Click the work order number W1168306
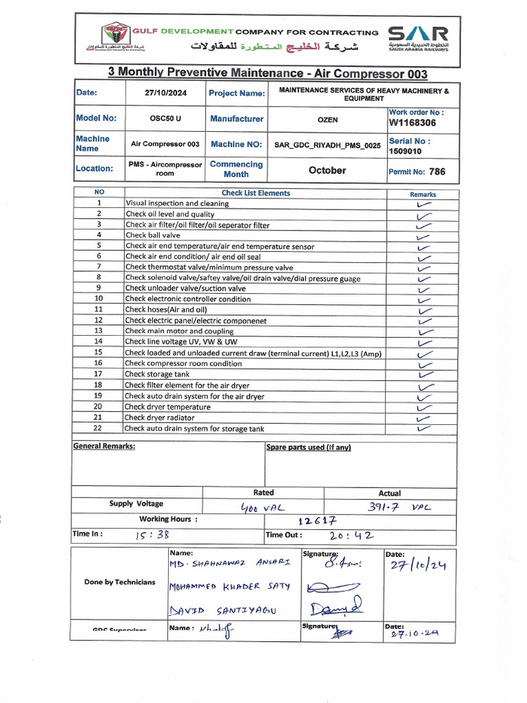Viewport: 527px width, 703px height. [412, 123]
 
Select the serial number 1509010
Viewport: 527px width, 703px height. [406, 151]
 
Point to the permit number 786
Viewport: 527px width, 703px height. [436, 172]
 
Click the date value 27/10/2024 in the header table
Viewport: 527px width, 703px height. [165, 93]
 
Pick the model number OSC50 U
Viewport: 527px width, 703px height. [165, 119]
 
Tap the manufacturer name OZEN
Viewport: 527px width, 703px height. [327, 119]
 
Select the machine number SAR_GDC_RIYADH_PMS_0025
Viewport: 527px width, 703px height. [327, 146]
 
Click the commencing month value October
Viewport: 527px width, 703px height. [327, 170]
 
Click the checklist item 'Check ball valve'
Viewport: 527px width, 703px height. [153, 235]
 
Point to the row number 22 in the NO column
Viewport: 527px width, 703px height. [99, 428]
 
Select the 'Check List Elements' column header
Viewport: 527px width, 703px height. [255, 194]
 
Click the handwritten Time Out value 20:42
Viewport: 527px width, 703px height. [349, 536]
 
